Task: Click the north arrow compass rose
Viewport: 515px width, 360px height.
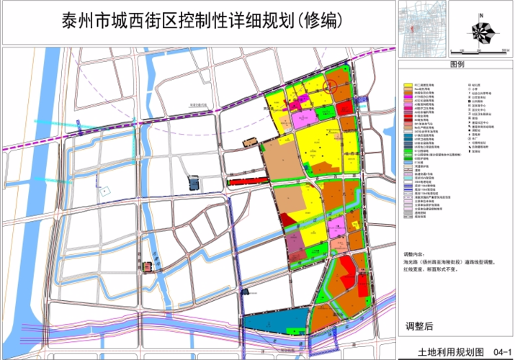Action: tap(481, 30)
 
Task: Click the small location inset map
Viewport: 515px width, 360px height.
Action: tap(419, 27)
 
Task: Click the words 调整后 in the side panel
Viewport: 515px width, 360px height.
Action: tap(419, 326)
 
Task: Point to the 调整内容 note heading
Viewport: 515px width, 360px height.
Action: tap(416, 254)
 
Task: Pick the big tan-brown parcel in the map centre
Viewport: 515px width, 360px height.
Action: tap(285, 158)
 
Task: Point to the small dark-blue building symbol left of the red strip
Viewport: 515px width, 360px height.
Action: tap(193, 182)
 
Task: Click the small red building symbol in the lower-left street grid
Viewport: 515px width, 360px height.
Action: tap(148, 266)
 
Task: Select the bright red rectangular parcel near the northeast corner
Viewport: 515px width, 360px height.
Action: tap(344, 108)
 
